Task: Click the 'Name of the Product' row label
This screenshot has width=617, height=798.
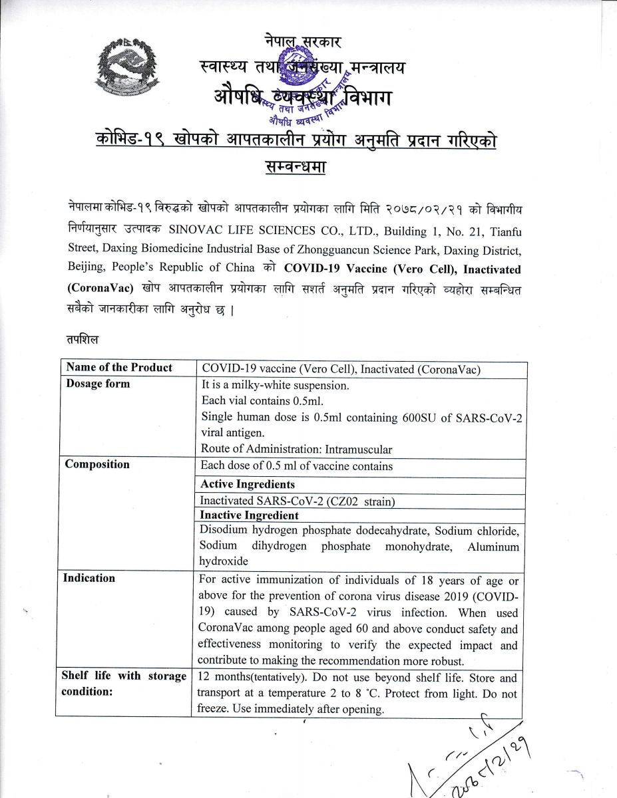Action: click(x=118, y=368)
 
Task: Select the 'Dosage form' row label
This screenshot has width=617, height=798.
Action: click(x=98, y=384)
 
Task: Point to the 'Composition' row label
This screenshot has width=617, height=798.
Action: click(x=97, y=464)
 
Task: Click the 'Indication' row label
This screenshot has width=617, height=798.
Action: click(x=89, y=578)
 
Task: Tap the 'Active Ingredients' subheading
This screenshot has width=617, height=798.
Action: click(x=248, y=484)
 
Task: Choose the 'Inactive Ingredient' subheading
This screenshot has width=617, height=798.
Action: click(x=250, y=515)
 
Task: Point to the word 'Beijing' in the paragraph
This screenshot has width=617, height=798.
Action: click(x=85, y=268)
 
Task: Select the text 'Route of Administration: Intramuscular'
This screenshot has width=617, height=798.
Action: click(x=297, y=450)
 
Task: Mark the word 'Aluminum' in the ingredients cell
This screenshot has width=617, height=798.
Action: click(x=493, y=546)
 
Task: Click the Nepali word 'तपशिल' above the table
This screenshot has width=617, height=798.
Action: click(x=83, y=340)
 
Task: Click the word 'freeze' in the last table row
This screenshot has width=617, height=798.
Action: click(x=212, y=709)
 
